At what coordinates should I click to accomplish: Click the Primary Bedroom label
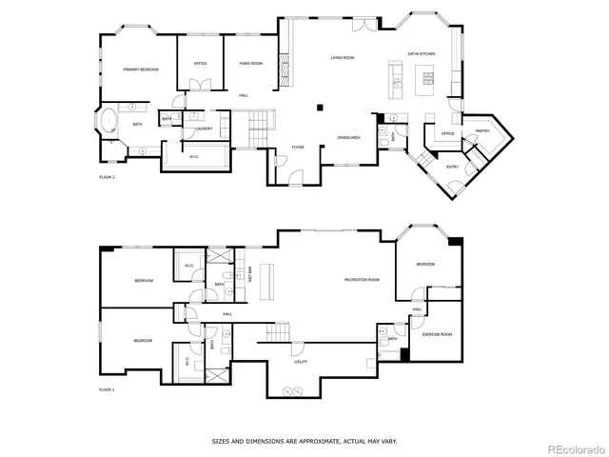pyautogui.click(x=140, y=70)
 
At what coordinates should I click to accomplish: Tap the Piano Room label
pyautogui.click(x=251, y=64)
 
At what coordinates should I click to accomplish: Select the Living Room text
pyautogui.click(x=343, y=59)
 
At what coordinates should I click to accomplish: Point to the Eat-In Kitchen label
pyautogui.click(x=422, y=54)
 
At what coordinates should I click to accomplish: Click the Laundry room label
pyautogui.click(x=203, y=129)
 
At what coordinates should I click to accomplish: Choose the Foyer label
pyautogui.click(x=297, y=148)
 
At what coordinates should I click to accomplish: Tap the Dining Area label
pyautogui.click(x=348, y=138)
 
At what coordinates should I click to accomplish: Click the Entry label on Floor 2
pyautogui.click(x=453, y=167)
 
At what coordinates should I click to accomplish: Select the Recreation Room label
pyautogui.click(x=363, y=280)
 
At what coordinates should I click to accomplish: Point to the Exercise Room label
pyautogui.click(x=437, y=335)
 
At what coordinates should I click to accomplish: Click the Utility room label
pyautogui.click(x=300, y=361)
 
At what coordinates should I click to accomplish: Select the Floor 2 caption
pyautogui.click(x=107, y=177)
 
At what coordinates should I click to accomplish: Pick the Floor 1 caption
pyautogui.click(x=107, y=389)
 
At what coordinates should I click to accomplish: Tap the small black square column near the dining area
pyautogui.click(x=321, y=107)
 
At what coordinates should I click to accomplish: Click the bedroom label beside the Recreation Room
pyautogui.click(x=424, y=264)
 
